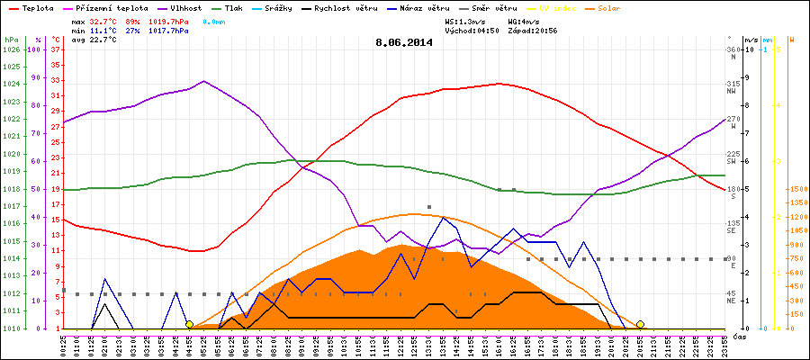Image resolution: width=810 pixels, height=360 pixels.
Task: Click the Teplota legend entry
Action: tap(33, 7)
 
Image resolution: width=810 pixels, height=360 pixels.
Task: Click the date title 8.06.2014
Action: tap(403, 41)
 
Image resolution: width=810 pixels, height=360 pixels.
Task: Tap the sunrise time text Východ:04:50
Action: tap(473, 30)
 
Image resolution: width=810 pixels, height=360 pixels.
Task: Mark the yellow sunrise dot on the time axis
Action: tap(189, 324)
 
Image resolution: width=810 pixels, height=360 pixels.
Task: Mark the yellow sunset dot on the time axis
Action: tap(640, 324)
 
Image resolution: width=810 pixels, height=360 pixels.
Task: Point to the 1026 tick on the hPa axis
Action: tap(11, 49)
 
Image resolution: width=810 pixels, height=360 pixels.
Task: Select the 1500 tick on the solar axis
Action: tap(796, 189)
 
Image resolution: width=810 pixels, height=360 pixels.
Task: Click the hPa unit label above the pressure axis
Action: tap(11, 40)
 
